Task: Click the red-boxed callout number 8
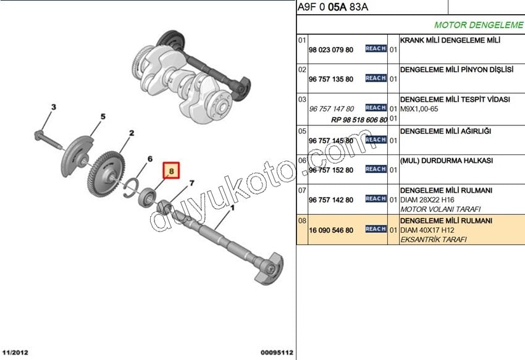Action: click(x=172, y=171)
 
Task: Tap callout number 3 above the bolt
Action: click(x=54, y=107)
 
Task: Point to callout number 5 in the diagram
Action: click(x=103, y=117)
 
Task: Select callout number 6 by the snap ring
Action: click(x=150, y=159)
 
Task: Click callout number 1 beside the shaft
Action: click(x=232, y=208)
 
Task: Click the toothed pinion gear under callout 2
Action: click(x=106, y=174)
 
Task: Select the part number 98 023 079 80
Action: click(x=331, y=50)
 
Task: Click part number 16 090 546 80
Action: click(x=331, y=230)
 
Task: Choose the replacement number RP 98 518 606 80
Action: click(x=359, y=120)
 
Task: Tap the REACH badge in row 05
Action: click(x=376, y=140)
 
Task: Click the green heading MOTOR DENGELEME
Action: click(x=479, y=25)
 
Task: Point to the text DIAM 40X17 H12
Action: click(x=427, y=230)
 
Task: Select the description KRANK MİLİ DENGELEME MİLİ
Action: click(x=450, y=40)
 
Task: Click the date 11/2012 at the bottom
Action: click(x=15, y=353)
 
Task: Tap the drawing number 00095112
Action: click(x=277, y=353)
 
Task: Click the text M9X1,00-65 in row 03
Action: click(x=419, y=109)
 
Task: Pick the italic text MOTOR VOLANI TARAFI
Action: click(x=440, y=209)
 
